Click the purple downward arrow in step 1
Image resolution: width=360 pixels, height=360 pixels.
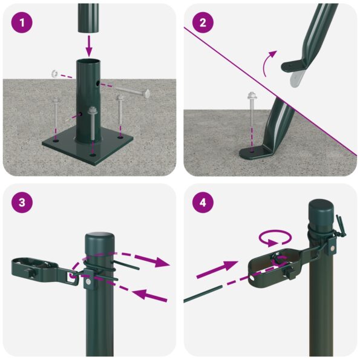pos(89,45)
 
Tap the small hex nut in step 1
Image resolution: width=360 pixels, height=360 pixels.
pos(54,74)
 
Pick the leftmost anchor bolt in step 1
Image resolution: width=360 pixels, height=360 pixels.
pos(56,115)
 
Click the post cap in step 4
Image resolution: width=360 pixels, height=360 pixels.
pos(322,212)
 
